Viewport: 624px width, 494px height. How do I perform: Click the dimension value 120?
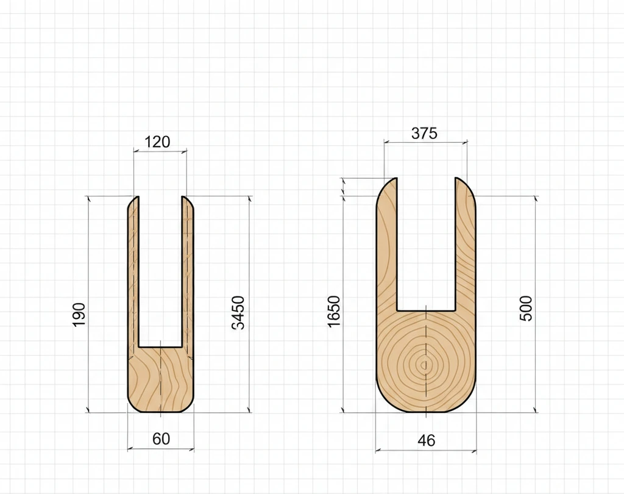pyautogui.click(x=157, y=142)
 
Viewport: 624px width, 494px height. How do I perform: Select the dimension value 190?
pyautogui.click(x=79, y=315)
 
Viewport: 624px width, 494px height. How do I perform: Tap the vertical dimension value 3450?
pyautogui.click(x=238, y=313)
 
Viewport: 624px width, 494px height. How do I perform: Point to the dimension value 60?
pyautogui.click(x=161, y=439)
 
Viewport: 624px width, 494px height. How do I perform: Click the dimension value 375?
pyautogui.click(x=424, y=133)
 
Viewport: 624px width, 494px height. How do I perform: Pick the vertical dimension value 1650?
pyautogui.click(x=335, y=312)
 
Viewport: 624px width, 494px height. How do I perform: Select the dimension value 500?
pyautogui.click(x=526, y=309)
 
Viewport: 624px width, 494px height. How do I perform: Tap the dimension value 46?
pyautogui.click(x=426, y=440)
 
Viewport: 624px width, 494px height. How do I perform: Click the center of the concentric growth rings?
pyautogui.click(x=424, y=364)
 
